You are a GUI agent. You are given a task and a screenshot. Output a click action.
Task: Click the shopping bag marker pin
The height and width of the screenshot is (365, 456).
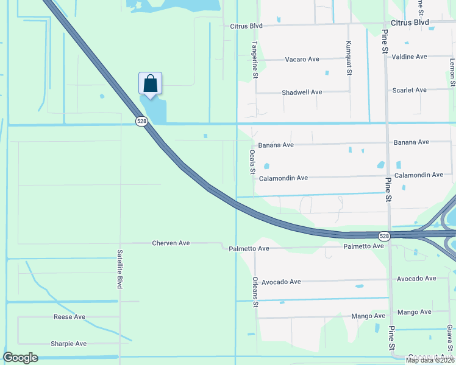(150, 84)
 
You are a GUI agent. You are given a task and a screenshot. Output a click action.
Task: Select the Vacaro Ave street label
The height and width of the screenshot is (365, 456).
(302, 60)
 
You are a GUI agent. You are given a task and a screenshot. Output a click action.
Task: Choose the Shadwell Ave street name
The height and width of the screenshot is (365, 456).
(302, 92)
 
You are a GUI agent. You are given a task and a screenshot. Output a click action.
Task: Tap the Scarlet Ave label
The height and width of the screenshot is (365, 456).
(410, 90)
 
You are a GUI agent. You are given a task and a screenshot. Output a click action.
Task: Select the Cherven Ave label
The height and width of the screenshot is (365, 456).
(171, 243)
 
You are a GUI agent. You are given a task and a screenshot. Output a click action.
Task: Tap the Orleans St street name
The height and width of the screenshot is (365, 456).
(255, 292)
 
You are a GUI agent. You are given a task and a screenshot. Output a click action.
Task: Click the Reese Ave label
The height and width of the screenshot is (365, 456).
(69, 317)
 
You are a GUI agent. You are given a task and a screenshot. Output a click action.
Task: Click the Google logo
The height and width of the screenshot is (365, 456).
(20, 358)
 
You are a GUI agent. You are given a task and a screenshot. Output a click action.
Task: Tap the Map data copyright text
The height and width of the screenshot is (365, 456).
(430, 360)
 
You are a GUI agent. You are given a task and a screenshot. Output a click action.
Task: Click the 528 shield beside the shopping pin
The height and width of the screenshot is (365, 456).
(141, 122)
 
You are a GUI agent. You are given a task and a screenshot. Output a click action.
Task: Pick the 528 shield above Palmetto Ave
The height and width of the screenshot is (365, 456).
(383, 236)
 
